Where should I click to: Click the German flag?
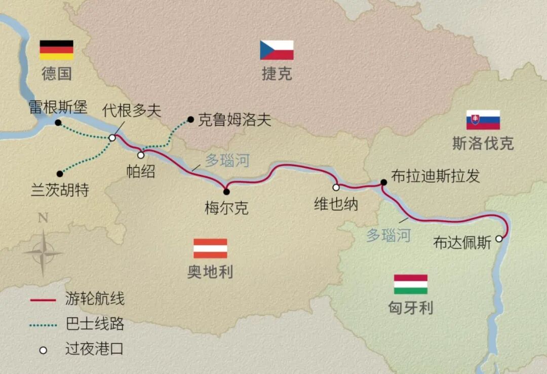[57, 50]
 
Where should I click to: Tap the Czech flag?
[277, 50]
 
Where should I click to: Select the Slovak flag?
[483, 120]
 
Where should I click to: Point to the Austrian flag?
[210, 248]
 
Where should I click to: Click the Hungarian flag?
[411, 284]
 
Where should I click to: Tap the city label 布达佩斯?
[462, 243]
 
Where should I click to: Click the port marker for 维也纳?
[336, 188]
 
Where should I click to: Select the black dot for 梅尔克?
[226, 192]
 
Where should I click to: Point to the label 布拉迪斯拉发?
[435, 176]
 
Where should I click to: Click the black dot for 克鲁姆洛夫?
[190, 120]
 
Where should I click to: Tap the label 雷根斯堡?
[58, 107]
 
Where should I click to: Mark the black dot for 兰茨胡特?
[60, 173]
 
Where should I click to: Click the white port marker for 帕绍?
[141, 155]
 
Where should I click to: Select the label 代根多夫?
[132, 110]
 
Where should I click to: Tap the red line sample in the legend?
[43, 300]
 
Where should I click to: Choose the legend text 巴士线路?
[95, 324]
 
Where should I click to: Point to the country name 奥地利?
[210, 272]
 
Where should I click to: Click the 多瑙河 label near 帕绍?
[227, 161]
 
